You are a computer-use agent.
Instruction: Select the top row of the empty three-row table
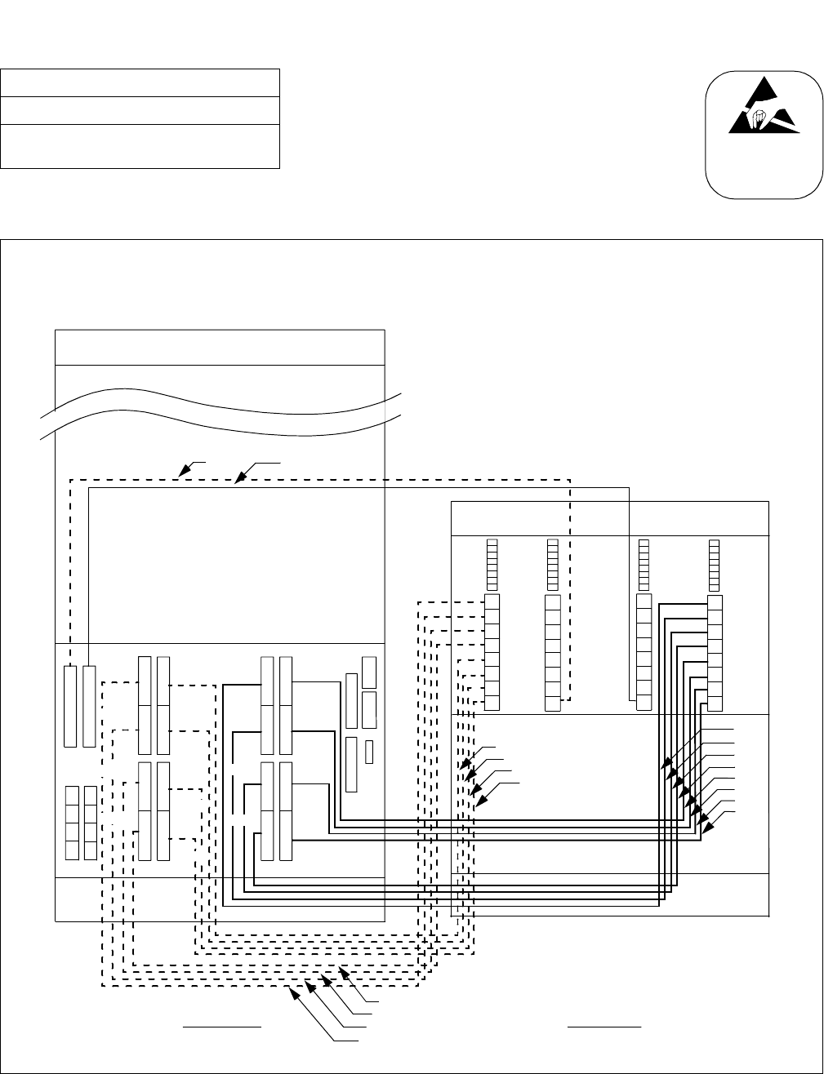pyautogui.click(x=140, y=83)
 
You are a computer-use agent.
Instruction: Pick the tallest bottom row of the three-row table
pyautogui.click(x=140, y=146)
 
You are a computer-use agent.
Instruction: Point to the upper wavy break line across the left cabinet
pyautogui.click(x=220, y=400)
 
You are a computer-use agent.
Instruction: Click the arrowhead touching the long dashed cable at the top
pyautogui.click(x=184, y=471)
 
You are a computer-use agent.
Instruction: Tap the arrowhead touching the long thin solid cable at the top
pyautogui.click(x=238, y=481)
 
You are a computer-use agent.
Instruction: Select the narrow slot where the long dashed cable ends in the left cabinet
pyautogui.click(x=70, y=705)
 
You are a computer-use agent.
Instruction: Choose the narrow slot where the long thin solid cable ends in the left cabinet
pyautogui.click(x=89, y=705)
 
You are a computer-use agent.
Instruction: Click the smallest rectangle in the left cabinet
pyautogui.click(x=369, y=752)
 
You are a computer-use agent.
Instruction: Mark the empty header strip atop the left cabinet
pyautogui.click(x=219, y=348)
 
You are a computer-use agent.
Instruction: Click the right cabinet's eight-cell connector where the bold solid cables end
pyautogui.click(x=715, y=653)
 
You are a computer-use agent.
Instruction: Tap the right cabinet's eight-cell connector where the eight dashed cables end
pyautogui.click(x=492, y=653)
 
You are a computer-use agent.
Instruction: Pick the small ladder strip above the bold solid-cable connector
pyautogui.click(x=715, y=564)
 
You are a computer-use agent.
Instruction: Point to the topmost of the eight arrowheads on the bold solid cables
pyautogui.click(x=666, y=767)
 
